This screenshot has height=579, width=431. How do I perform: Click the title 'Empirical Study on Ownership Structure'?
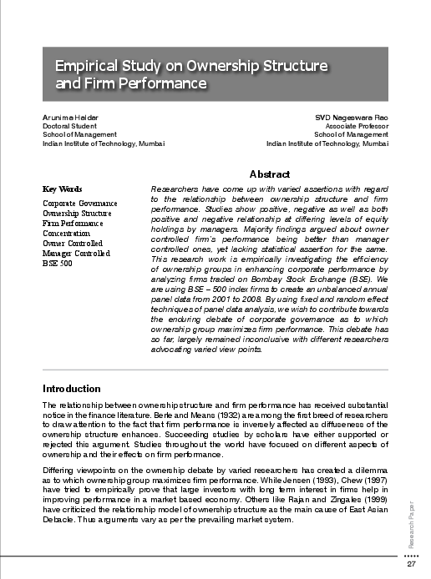[190, 65]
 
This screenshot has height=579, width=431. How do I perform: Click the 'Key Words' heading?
[63, 189]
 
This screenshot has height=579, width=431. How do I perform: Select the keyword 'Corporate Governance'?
[79, 203]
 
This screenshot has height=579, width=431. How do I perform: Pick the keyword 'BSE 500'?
[58, 263]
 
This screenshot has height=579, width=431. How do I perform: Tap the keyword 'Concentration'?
[68, 233]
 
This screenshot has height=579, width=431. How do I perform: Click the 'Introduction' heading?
[71, 389]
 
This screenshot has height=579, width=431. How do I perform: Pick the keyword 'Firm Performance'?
[73, 223]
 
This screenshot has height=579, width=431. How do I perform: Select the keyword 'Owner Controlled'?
[72, 243]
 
